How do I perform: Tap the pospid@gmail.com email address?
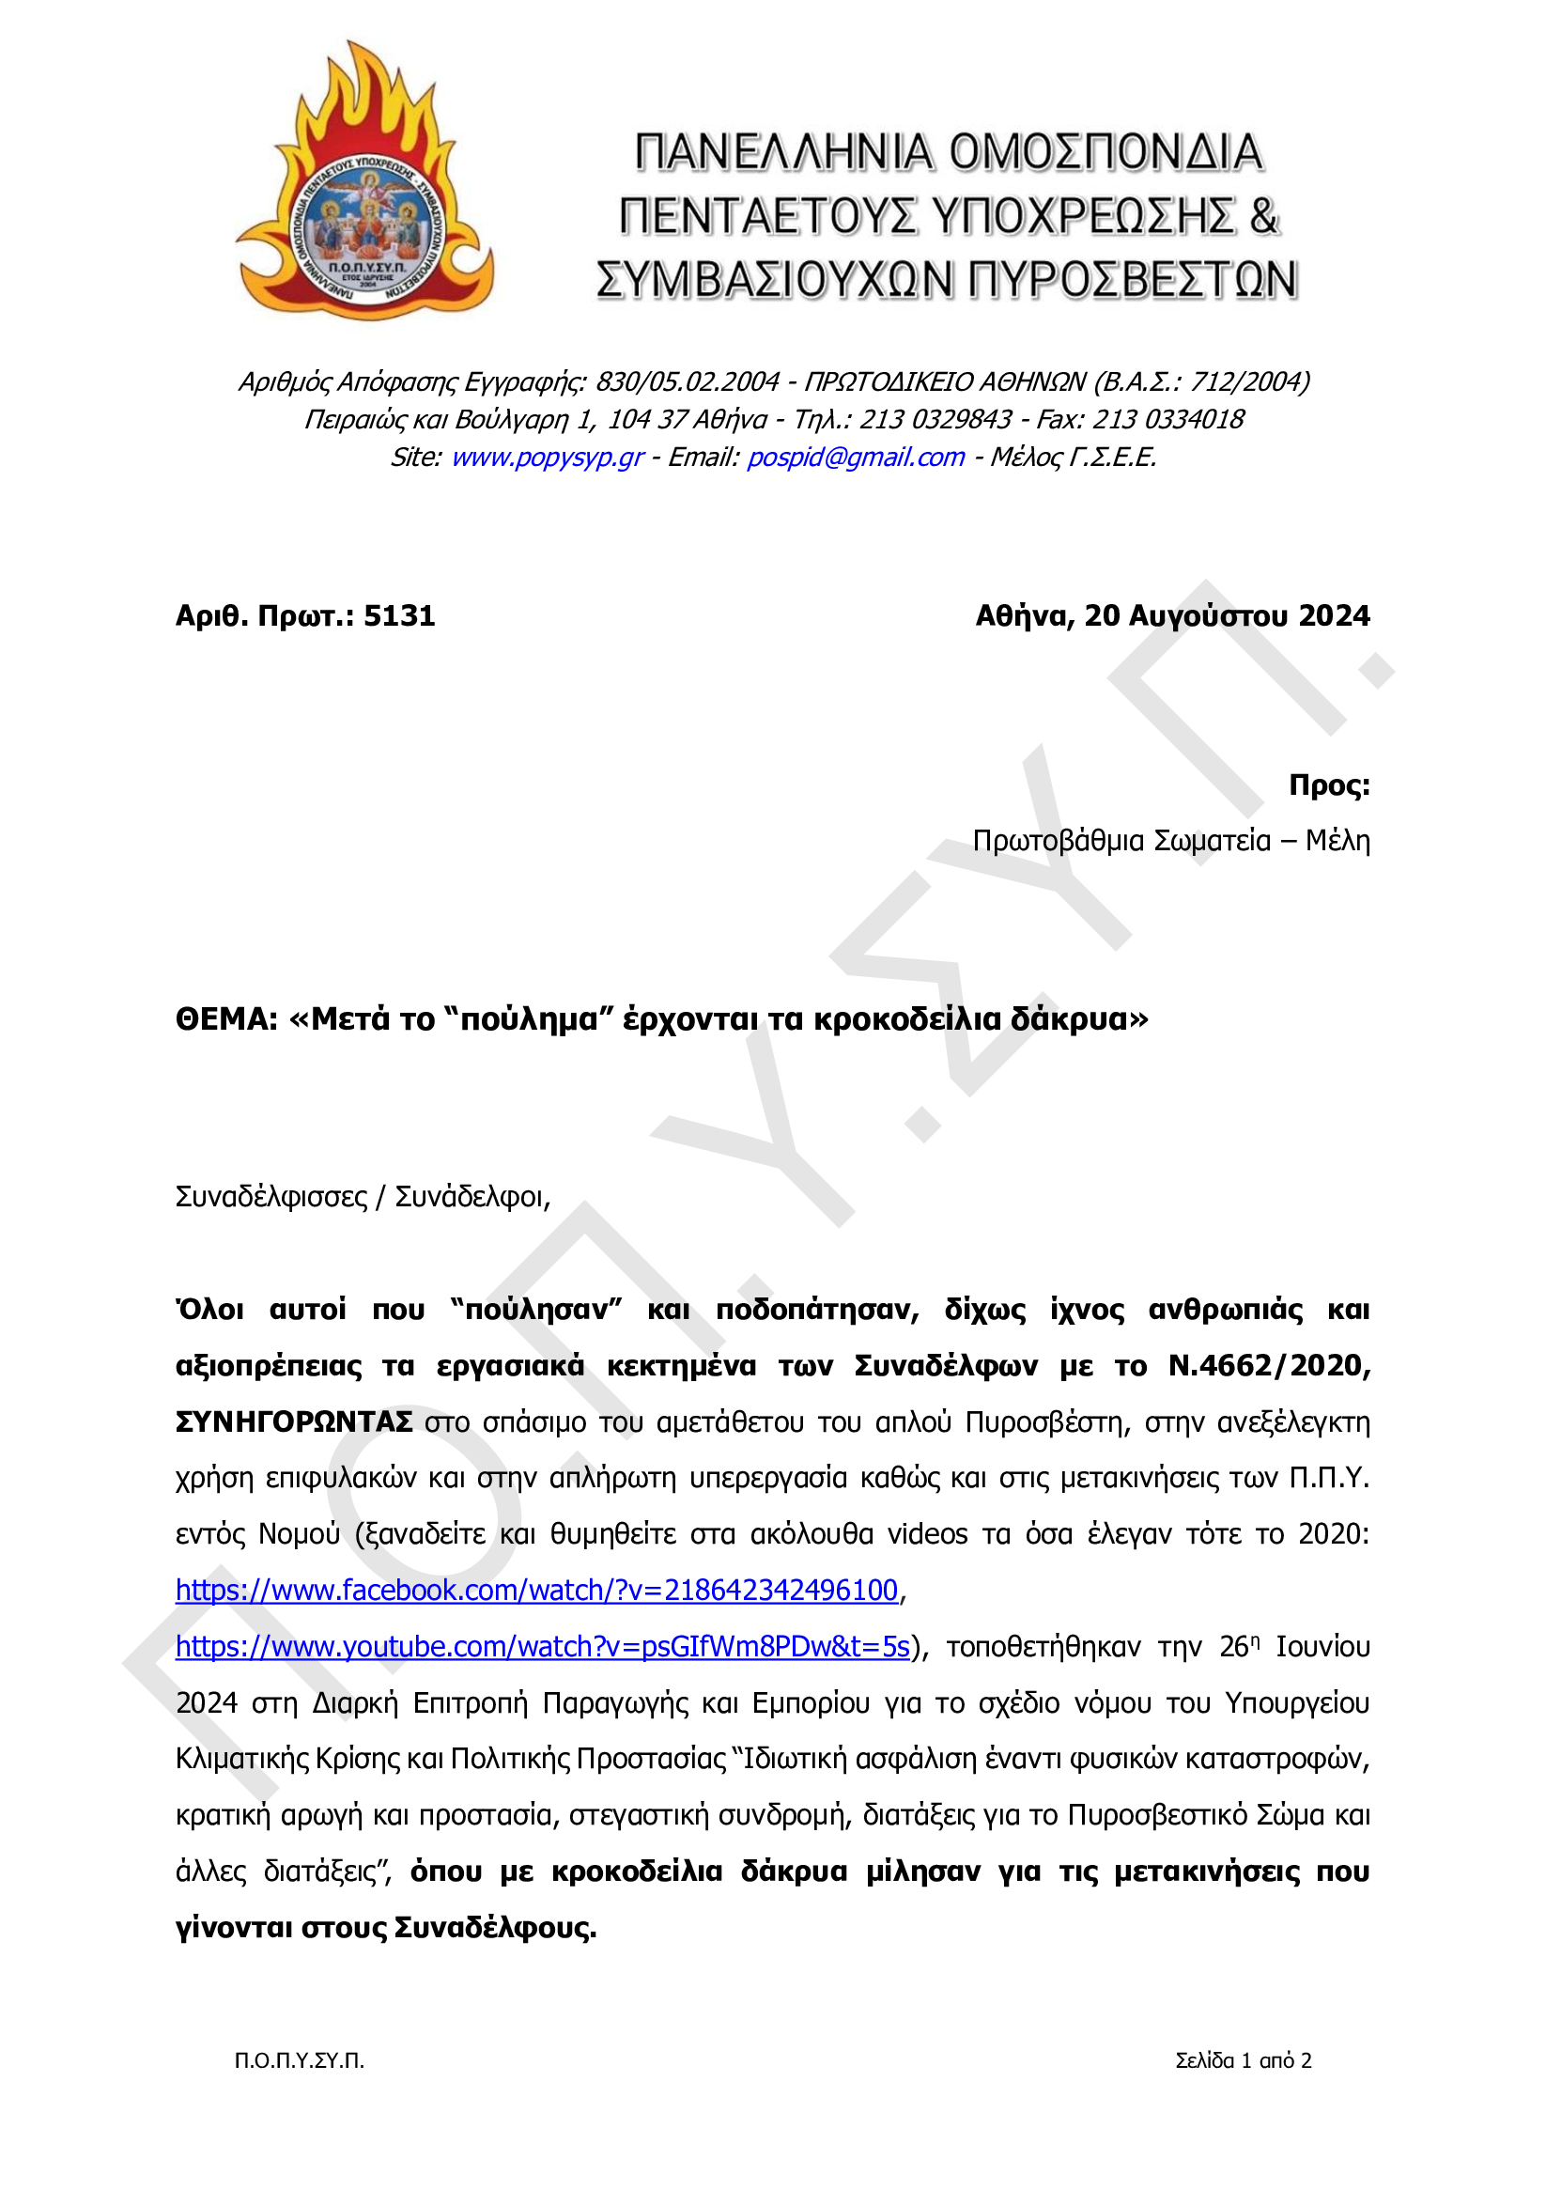coord(856,458)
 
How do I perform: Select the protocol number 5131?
coord(399,616)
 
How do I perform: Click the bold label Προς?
coord(1328,785)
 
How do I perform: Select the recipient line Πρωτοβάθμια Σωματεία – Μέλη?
coord(1170,841)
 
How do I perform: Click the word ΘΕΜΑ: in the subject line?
coord(226,1019)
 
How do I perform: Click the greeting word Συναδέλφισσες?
coord(271,1197)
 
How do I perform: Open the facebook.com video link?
coord(537,1590)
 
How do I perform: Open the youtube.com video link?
coord(542,1646)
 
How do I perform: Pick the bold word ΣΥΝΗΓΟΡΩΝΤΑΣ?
coord(294,1422)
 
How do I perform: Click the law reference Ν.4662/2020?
coord(1270,1366)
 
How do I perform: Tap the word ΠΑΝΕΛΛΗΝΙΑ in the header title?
coord(783,153)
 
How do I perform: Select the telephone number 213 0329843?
coord(935,420)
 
